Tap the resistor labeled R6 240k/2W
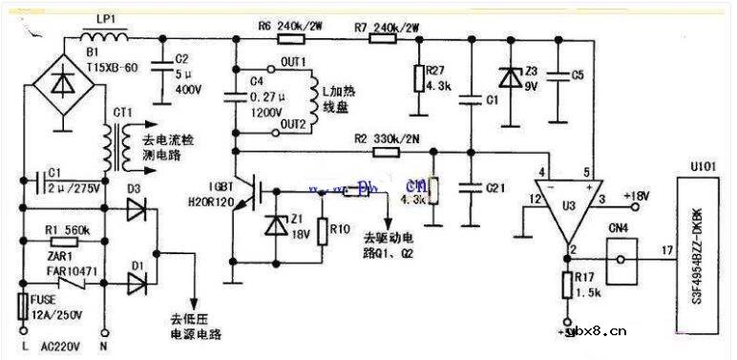point(291,39)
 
